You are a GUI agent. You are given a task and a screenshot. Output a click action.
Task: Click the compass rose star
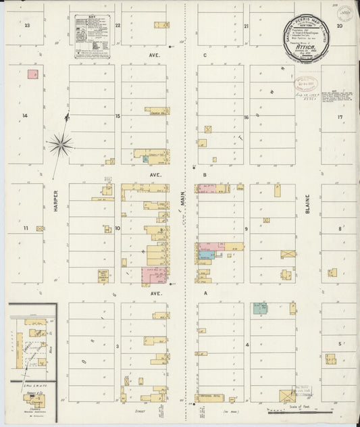pos(60,144)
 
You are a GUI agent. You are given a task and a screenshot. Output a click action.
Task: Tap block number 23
pos(28,26)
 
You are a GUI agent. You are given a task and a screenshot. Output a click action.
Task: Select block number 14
pos(25,116)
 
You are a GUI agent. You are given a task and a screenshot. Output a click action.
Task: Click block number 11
pos(26,228)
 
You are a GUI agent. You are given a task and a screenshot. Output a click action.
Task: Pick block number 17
pos(341,117)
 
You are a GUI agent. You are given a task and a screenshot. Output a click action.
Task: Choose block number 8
pos(340,228)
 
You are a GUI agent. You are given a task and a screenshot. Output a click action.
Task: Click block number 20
pos(340,26)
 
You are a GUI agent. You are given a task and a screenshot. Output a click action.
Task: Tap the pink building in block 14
pos(32,74)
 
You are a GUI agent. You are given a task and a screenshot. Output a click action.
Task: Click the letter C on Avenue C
pos(204,56)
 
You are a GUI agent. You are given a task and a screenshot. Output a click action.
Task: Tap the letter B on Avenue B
pos(204,174)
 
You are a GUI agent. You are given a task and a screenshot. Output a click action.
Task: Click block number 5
pos(340,345)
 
